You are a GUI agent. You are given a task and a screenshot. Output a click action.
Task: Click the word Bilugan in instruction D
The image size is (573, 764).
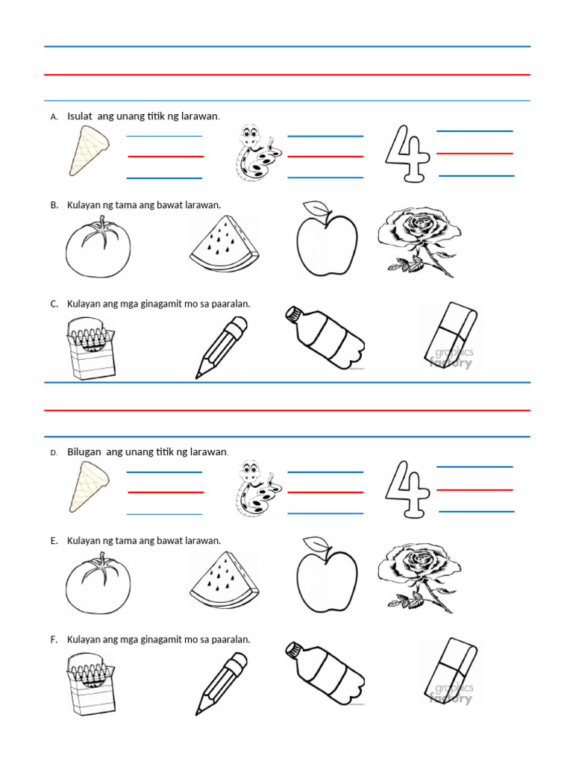[x=84, y=452]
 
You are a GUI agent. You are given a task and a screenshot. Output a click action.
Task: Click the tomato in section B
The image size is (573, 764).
[x=98, y=248]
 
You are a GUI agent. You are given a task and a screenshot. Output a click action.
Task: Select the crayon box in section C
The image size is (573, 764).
[x=92, y=347]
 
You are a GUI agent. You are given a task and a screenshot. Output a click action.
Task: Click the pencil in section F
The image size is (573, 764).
[x=222, y=683]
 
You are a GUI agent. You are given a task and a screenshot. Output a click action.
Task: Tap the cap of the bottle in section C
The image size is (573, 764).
[x=293, y=313]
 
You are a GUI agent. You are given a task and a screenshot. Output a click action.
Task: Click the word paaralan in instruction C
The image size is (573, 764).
[x=231, y=304]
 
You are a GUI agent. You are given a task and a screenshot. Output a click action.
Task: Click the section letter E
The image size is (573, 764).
[x=54, y=541]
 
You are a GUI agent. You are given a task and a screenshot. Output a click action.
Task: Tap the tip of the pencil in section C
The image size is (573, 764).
[x=198, y=375]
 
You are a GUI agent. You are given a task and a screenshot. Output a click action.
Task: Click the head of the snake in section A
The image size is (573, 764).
[x=250, y=137]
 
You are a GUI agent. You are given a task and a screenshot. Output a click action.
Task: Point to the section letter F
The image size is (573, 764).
[x=54, y=640]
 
